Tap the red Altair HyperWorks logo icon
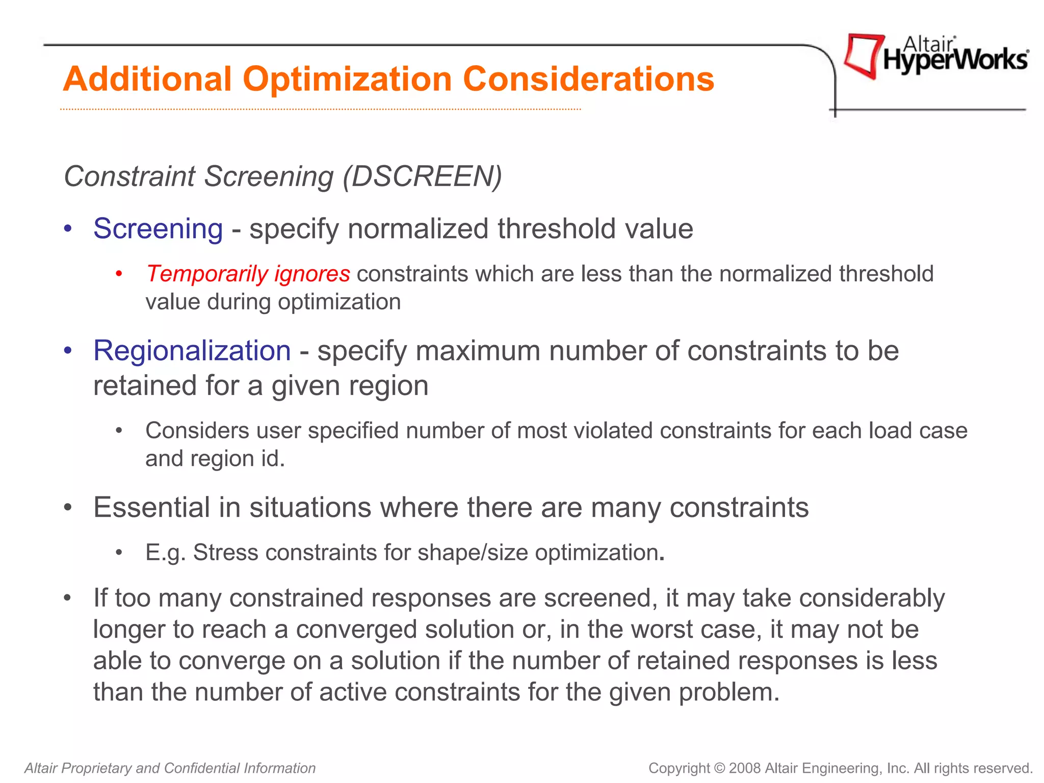[863, 55]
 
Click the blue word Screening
[158, 228]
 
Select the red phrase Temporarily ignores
[248, 274]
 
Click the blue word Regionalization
[192, 351]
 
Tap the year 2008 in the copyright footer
[745, 768]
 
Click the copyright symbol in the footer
[719, 768]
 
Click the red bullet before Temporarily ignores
[119, 274]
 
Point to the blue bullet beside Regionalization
[68, 351]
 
